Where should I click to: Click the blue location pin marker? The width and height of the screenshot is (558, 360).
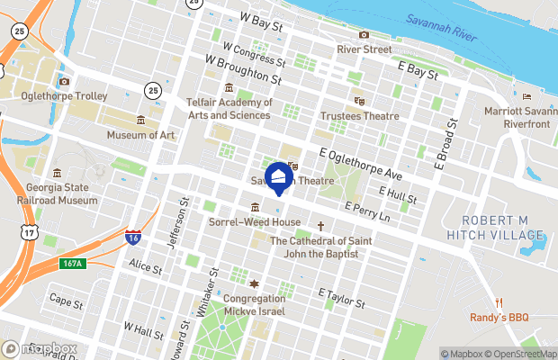[x=278, y=177]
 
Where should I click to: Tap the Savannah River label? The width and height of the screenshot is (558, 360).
[x=440, y=20]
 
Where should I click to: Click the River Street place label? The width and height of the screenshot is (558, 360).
[x=364, y=49]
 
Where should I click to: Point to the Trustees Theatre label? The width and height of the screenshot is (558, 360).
[x=359, y=116]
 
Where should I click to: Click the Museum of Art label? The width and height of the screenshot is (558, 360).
[x=140, y=135]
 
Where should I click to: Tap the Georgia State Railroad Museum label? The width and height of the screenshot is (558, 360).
[x=57, y=194]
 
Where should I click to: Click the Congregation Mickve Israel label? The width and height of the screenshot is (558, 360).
[x=254, y=305]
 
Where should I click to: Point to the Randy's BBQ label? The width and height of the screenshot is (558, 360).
[x=499, y=317]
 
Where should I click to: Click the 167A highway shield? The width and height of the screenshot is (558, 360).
[x=72, y=264]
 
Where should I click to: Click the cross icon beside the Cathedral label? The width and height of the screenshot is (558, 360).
[x=319, y=226]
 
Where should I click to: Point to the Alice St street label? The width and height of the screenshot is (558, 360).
[x=145, y=268]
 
